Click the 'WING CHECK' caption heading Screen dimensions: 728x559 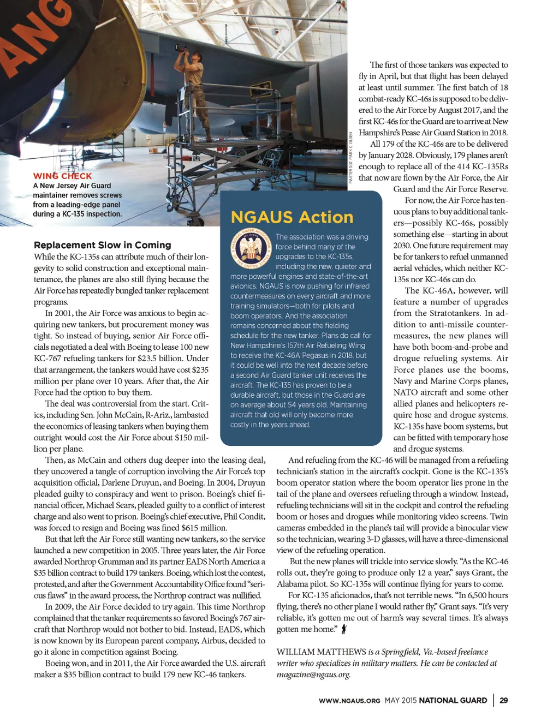click(62, 176)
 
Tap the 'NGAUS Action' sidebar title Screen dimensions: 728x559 click(292, 217)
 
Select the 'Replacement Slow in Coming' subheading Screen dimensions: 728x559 click(103, 245)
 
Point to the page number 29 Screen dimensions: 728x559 click(503, 700)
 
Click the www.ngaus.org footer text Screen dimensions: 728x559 click(349, 701)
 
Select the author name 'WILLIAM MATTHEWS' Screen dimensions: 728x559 click(321, 652)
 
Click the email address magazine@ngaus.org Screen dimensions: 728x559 click(313, 675)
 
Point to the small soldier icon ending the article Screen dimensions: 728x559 click(343, 629)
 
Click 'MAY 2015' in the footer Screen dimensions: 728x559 click(400, 700)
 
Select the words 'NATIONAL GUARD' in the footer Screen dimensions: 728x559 click(453, 700)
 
